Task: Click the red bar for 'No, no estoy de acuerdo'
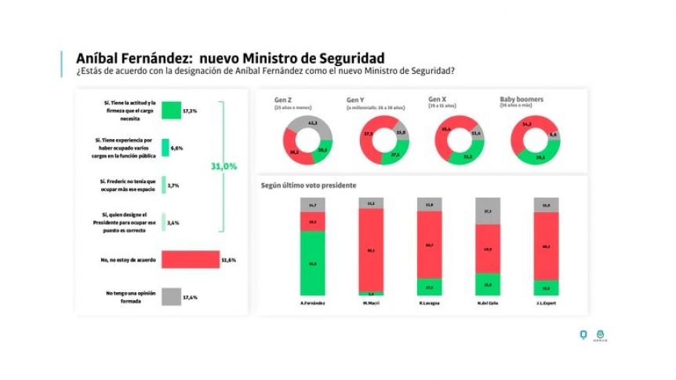(x=191, y=260)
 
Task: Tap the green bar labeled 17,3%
(x=171, y=111)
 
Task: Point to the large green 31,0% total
(x=224, y=166)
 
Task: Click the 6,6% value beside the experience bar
(x=177, y=148)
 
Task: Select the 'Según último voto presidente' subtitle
(x=309, y=185)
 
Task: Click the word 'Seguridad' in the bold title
(x=345, y=59)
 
